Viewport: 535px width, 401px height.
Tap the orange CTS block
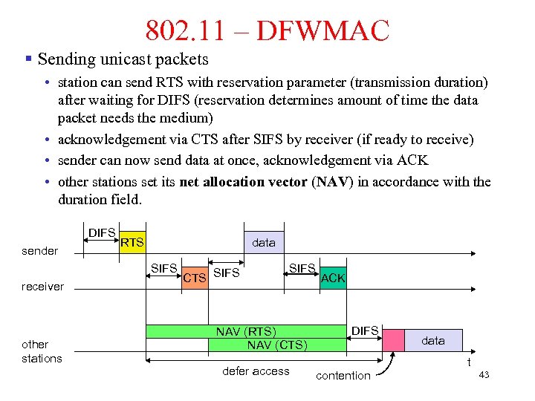tap(194, 278)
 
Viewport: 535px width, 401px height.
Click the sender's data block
tap(264, 242)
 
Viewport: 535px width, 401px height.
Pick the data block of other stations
tap(433, 340)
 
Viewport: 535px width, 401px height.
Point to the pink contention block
tap(393, 340)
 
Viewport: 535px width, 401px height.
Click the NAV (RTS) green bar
tap(245, 331)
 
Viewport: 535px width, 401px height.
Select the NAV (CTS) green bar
tap(276, 345)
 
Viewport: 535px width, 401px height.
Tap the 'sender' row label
tap(40, 251)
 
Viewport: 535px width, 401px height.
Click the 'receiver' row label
tap(42, 287)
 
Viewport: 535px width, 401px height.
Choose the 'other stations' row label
tap(42, 351)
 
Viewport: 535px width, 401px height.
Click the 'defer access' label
tap(256, 371)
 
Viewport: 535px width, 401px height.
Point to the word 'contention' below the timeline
tap(343, 376)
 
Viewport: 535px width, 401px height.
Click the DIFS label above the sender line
tap(102, 232)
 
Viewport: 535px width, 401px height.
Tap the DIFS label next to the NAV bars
tap(365, 330)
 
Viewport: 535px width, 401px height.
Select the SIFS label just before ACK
tap(302, 268)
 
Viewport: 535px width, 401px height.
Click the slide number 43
tap(484, 375)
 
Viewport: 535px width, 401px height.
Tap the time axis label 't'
tap(468, 362)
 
